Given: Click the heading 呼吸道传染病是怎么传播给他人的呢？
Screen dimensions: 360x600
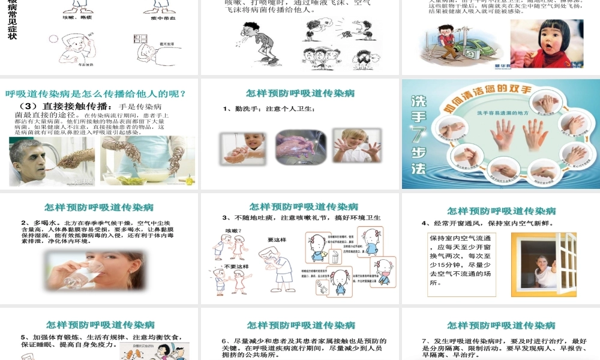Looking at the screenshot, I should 95,94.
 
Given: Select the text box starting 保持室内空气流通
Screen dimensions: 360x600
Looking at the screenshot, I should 461,264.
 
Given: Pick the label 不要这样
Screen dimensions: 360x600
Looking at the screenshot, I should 235,266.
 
